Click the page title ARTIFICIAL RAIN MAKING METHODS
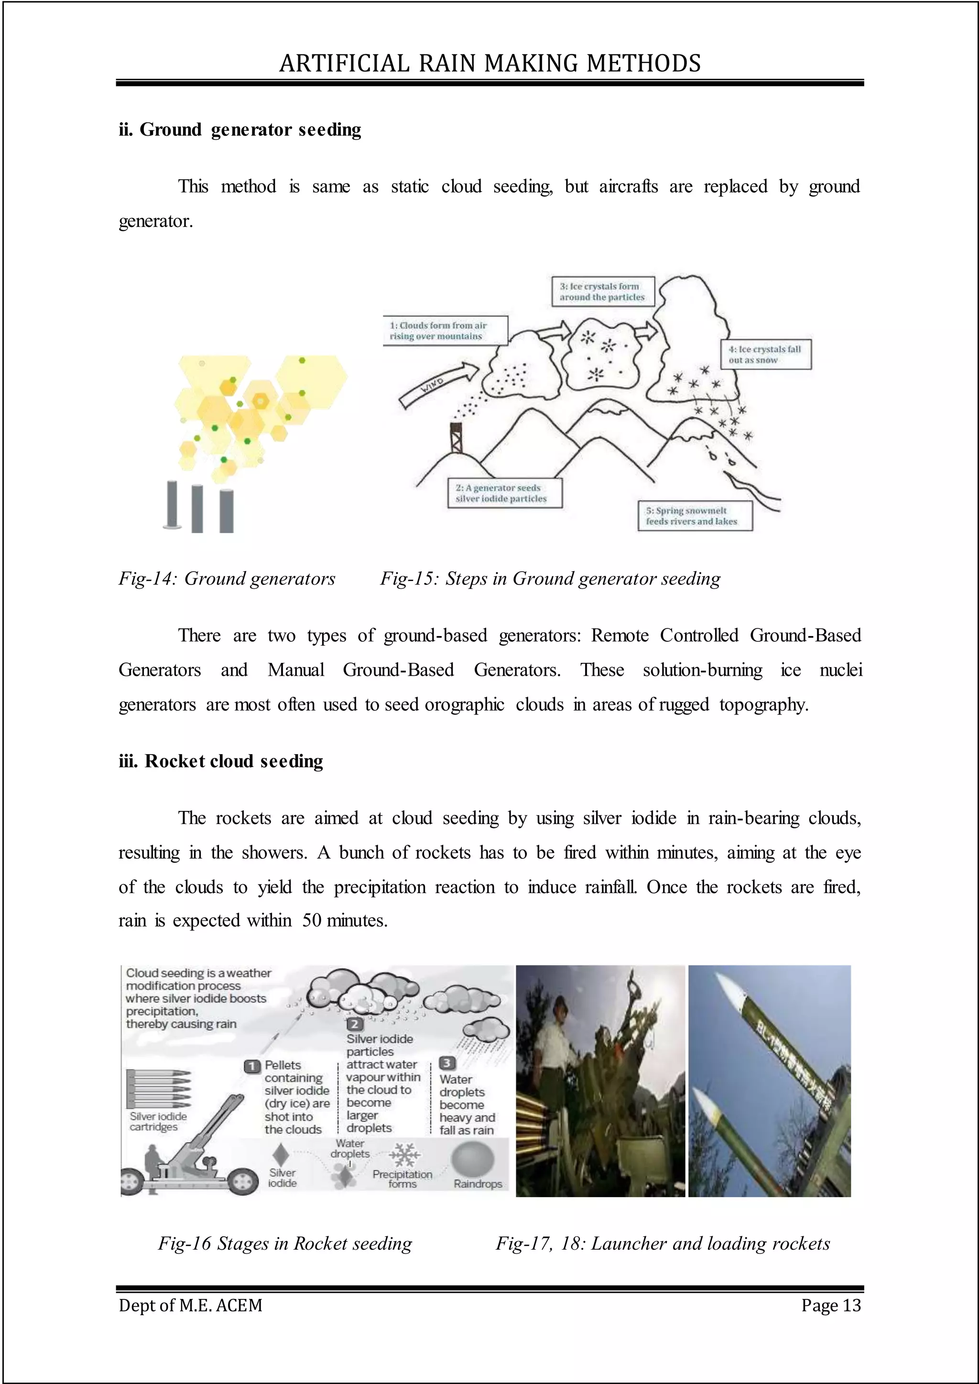pos(489,63)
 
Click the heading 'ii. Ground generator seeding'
pos(240,130)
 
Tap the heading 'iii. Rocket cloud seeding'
pos(221,761)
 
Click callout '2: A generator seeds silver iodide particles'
pos(505,493)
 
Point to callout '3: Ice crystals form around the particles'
pos(602,292)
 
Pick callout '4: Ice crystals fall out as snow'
pos(766,355)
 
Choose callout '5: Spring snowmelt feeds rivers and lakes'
pos(695,516)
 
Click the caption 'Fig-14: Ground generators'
pos(227,579)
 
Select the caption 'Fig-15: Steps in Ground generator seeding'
pos(550,579)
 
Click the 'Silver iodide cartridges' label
pos(158,1121)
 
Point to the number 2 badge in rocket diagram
pos(355,1024)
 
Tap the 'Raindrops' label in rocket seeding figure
pos(478,1183)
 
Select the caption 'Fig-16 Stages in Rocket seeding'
pos(284,1243)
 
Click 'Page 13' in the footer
pos(831,1305)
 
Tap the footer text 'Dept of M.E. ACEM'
pos(191,1305)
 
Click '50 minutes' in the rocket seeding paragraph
pos(344,920)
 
